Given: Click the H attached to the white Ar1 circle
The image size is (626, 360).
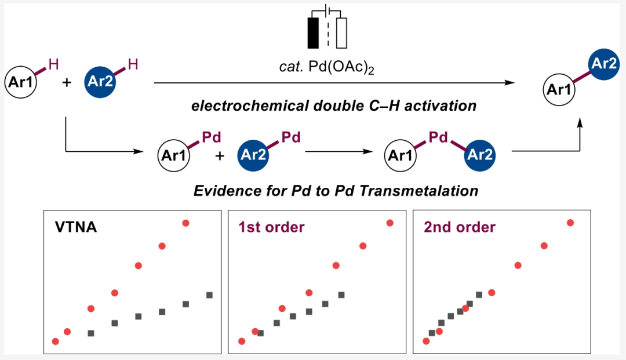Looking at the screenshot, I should click(54, 64).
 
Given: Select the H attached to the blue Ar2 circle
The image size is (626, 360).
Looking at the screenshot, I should click(133, 64).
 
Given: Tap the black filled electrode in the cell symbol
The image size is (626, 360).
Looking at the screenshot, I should click(314, 33).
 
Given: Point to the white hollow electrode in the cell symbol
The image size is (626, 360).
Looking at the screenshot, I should click(341, 33).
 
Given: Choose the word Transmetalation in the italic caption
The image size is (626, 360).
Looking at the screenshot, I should click(426, 191).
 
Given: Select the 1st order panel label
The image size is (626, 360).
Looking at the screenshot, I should click(271, 227).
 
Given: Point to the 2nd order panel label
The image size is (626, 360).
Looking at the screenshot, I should click(460, 227).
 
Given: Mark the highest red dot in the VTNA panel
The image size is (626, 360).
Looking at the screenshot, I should click(186, 223).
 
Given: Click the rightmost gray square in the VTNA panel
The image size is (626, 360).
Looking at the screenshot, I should click(209, 295).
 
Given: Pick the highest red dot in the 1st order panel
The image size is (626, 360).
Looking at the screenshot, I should click(390, 223).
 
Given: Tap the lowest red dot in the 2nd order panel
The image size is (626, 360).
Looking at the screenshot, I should click(426, 341).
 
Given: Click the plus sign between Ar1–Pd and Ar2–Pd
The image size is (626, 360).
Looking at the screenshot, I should click(220, 155).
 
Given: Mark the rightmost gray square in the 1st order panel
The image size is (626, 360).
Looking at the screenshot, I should click(341, 295).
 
